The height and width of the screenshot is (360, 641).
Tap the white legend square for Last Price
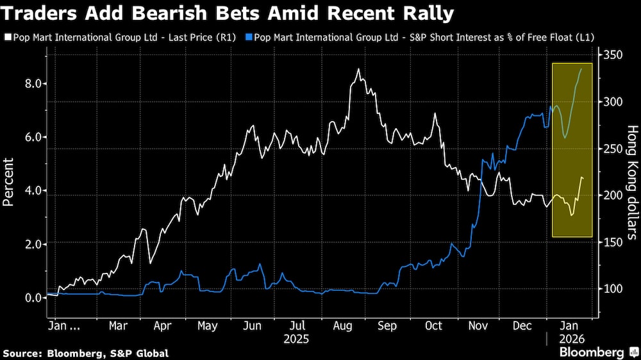tap(6, 38)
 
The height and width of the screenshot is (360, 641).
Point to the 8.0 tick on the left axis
tap(33, 83)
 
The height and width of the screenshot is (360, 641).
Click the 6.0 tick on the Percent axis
tap(33, 137)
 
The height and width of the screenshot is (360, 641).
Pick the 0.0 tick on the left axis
tap(33, 297)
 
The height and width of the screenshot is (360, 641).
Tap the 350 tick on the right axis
tap(614, 56)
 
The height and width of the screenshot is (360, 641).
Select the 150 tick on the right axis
tap(614, 242)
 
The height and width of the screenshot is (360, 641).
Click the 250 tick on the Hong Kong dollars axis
tap(614, 149)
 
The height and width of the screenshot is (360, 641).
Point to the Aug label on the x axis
tap(342, 325)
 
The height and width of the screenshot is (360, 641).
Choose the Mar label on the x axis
tap(118, 325)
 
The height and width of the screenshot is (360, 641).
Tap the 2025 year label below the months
tap(297, 338)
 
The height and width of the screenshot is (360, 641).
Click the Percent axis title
tap(9, 183)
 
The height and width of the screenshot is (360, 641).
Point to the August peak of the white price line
tap(358, 69)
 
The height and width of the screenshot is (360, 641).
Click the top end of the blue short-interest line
tap(581, 69)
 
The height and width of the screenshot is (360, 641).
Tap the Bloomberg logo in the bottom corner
tap(592, 352)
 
